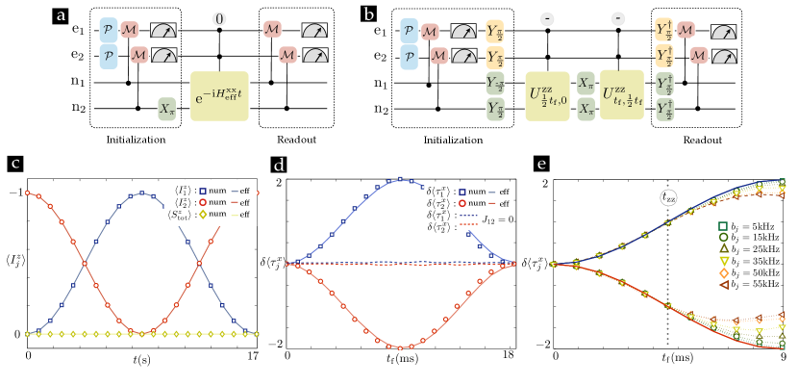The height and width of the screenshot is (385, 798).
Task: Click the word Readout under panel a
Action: pyautogui.click(x=284, y=137)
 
